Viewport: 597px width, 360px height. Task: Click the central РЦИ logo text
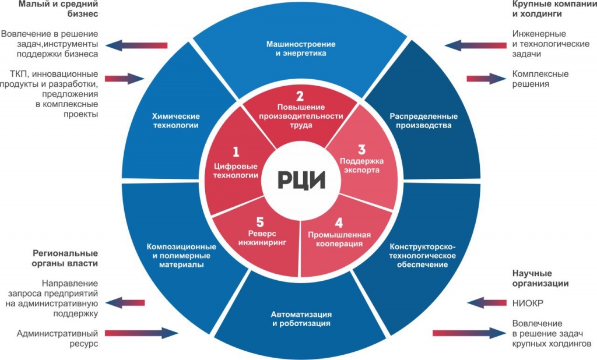[x=301, y=180]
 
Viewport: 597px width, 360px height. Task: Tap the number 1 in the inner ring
[x=236, y=152]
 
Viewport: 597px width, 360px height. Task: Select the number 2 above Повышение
[x=300, y=96]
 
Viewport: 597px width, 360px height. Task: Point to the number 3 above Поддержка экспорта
[x=361, y=150]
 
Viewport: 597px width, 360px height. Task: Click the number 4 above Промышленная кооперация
[x=339, y=223]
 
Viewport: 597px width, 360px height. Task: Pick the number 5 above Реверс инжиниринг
[x=260, y=222]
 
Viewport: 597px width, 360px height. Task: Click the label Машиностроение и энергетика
[x=301, y=49]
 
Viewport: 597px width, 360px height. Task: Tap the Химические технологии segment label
[x=176, y=121]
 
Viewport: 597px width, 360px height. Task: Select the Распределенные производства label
[x=423, y=121]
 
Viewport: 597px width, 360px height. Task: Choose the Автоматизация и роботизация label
[x=301, y=319]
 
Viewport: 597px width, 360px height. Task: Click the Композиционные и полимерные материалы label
[x=181, y=255]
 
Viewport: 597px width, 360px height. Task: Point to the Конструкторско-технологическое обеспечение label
[x=422, y=255]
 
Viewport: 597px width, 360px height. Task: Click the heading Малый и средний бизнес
[x=58, y=9]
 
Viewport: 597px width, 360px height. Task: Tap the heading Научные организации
[x=540, y=278]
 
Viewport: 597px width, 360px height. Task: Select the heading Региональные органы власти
[x=65, y=259]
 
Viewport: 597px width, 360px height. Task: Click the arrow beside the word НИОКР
[x=487, y=303]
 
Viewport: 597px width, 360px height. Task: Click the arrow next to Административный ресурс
[x=142, y=333]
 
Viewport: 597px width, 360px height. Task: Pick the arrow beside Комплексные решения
[x=487, y=79]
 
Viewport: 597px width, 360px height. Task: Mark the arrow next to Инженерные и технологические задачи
[x=476, y=45]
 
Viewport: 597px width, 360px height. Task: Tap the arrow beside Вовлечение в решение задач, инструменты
[x=136, y=45]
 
